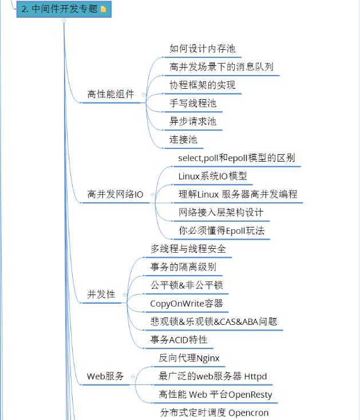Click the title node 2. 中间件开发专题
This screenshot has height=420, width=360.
(x=59, y=9)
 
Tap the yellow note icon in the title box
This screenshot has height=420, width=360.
(x=103, y=9)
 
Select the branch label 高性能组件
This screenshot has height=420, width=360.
(x=110, y=95)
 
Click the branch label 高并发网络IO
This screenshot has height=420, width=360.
(x=115, y=194)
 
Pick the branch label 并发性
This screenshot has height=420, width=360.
(x=101, y=295)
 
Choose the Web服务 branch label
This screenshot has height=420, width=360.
(x=105, y=376)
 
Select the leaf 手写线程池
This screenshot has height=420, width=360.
(x=193, y=104)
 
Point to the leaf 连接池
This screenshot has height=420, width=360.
(x=183, y=139)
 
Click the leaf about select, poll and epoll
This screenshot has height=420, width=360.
(x=236, y=158)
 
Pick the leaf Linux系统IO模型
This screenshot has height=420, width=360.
(x=212, y=176)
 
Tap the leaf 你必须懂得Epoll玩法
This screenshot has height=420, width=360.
(x=221, y=230)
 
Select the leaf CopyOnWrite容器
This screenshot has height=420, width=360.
(x=187, y=303)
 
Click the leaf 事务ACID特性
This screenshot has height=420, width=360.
(x=179, y=340)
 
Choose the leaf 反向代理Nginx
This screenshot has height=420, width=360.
(x=189, y=358)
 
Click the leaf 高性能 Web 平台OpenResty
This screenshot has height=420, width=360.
(x=215, y=395)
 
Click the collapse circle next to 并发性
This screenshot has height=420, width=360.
(x=125, y=295)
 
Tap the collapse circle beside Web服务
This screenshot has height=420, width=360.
(x=133, y=376)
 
